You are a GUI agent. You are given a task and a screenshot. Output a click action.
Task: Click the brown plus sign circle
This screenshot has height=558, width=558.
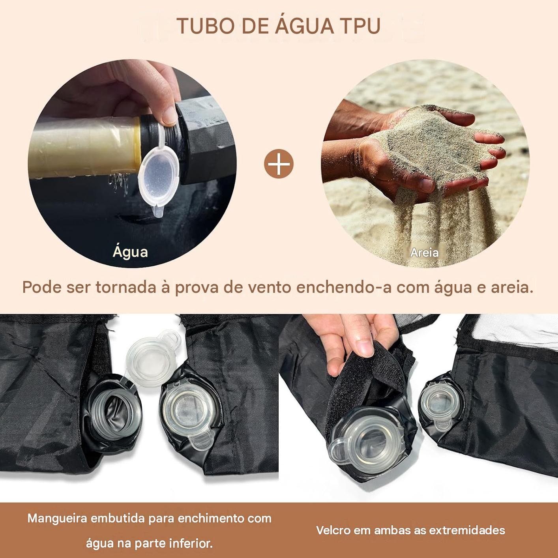pyautogui.click(x=279, y=164)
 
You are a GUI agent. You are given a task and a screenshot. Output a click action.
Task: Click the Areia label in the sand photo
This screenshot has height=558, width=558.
pyautogui.click(x=424, y=253)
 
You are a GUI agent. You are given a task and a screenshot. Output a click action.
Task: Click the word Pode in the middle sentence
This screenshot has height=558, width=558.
pyautogui.click(x=42, y=288)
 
